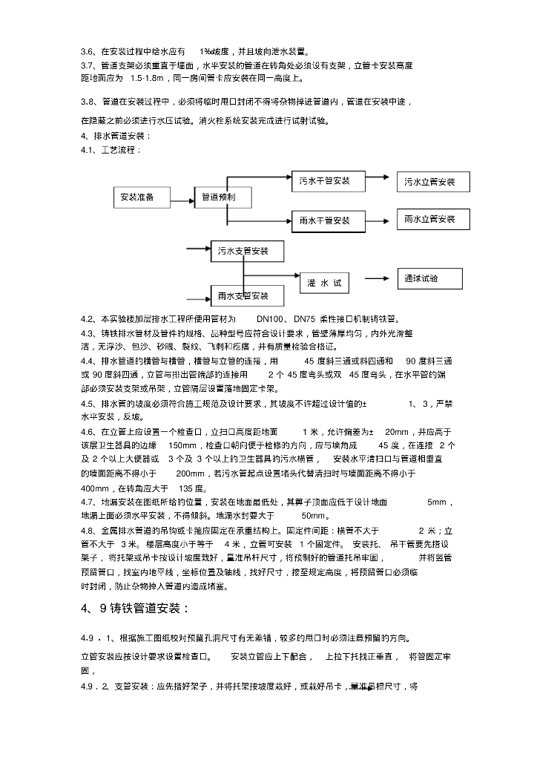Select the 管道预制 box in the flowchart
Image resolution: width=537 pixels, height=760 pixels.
coord(220,197)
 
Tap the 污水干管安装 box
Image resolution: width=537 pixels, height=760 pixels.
coord(325,180)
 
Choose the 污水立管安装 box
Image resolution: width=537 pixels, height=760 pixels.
coord(431,182)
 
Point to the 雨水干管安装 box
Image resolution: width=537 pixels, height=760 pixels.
coord(325,220)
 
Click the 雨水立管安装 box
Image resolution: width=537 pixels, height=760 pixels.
coord(431,219)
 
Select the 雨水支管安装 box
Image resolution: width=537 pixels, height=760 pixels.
coord(243,296)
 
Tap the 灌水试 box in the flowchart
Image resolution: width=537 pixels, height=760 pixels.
coord(325,284)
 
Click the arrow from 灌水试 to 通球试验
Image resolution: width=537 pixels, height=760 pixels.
coord(374,279)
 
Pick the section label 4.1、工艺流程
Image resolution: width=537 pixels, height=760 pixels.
coord(111,149)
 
